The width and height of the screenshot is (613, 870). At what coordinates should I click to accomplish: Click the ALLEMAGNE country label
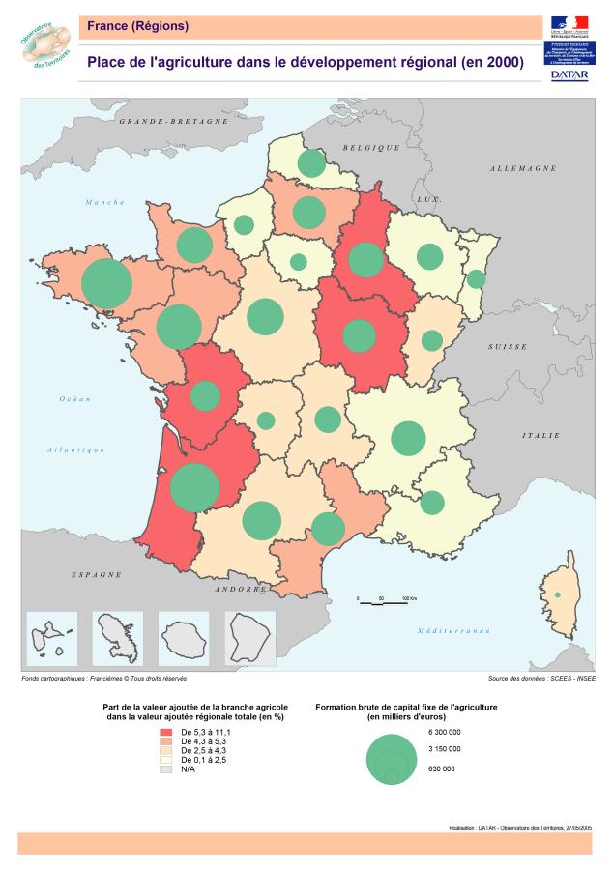pos(522,168)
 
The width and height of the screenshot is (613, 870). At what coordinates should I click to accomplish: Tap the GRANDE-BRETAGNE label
pos(174,122)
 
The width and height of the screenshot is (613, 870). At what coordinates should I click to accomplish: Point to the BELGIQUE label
pos(370,147)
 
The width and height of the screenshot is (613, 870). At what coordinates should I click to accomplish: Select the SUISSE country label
pos(507,346)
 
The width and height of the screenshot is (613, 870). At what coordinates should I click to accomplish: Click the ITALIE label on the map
pos(540,436)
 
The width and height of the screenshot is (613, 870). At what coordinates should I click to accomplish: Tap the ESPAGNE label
pos(97,574)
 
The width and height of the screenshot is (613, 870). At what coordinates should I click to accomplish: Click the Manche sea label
pos(105,202)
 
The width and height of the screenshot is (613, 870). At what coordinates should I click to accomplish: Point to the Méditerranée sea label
pos(453,630)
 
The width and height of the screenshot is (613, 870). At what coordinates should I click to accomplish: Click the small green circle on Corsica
pos(557,594)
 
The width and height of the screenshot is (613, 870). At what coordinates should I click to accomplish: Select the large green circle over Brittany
pos(106,283)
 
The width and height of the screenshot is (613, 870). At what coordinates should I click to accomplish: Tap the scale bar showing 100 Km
pos(382,601)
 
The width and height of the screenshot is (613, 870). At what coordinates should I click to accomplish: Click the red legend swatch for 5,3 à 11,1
pos(165,734)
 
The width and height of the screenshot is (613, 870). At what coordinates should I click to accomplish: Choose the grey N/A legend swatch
pos(165,768)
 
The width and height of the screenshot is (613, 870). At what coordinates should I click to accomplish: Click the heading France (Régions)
pos(137,25)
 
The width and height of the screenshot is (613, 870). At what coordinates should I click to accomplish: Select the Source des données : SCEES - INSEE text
pos(542,679)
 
